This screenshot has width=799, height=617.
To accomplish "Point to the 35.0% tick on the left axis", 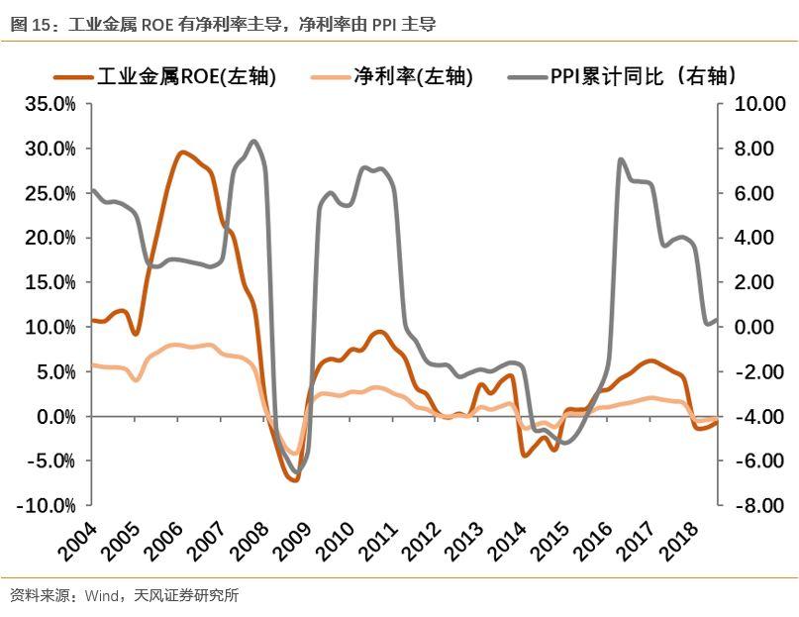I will click(50, 104).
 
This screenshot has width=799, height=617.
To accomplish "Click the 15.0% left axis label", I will click(50, 282).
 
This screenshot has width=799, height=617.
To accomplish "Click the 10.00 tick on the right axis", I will click(757, 104).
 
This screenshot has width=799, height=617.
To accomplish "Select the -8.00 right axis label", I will click(758, 506).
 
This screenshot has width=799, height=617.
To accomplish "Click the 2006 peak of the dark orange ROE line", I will click(181, 153).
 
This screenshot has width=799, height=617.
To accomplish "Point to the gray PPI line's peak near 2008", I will click(254, 142).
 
